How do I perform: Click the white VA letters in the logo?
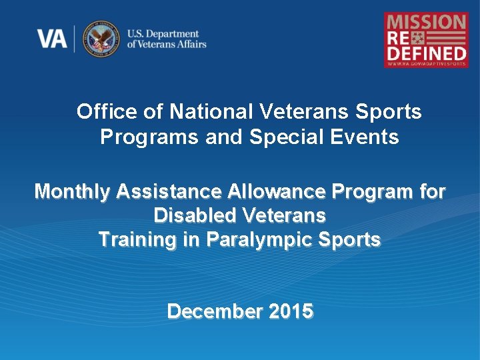(x=52, y=39)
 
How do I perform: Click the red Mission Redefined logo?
(x=426, y=39)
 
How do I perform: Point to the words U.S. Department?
(x=163, y=33)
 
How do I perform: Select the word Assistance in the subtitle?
(x=170, y=192)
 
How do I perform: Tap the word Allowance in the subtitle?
(x=277, y=192)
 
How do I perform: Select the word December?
(x=214, y=311)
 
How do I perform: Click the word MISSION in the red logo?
(x=426, y=21)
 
